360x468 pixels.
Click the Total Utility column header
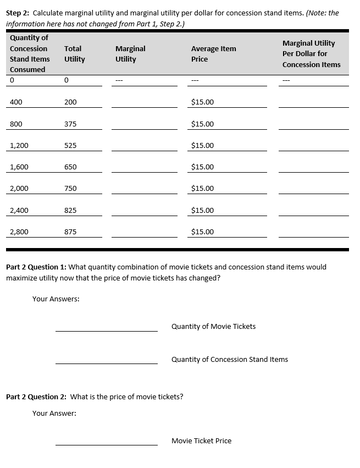point(74,54)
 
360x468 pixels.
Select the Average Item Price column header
point(213,54)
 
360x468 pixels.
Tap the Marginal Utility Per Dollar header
point(311,54)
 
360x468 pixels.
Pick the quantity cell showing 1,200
point(19,146)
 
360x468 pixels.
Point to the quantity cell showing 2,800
point(19,232)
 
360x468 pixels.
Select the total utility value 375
point(70,124)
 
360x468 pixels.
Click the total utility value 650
point(70,167)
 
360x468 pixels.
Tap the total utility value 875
point(70,232)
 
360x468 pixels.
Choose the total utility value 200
point(70,102)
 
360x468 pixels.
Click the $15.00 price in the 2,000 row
point(202,189)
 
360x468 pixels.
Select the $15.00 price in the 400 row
point(202,102)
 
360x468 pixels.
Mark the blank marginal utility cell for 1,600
point(144,167)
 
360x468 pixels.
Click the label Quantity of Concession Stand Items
point(229,360)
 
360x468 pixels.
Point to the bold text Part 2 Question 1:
point(36,267)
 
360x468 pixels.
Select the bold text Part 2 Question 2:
point(36,397)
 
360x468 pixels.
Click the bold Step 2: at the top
point(19,13)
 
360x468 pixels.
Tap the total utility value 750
point(70,189)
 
